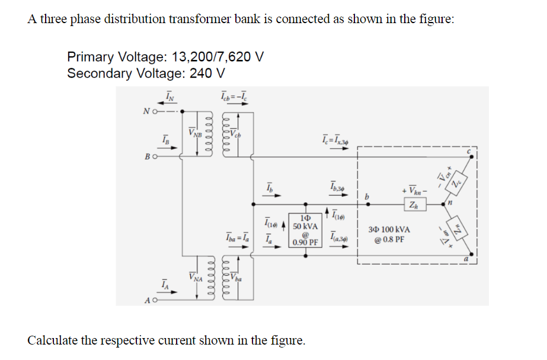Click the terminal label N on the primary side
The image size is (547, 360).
point(146,110)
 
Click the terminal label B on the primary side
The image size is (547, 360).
point(146,157)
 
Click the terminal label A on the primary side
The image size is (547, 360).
point(146,301)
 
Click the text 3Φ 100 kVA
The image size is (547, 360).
point(389,229)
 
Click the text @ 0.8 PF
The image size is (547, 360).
point(389,240)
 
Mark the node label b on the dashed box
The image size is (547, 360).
point(367,196)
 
